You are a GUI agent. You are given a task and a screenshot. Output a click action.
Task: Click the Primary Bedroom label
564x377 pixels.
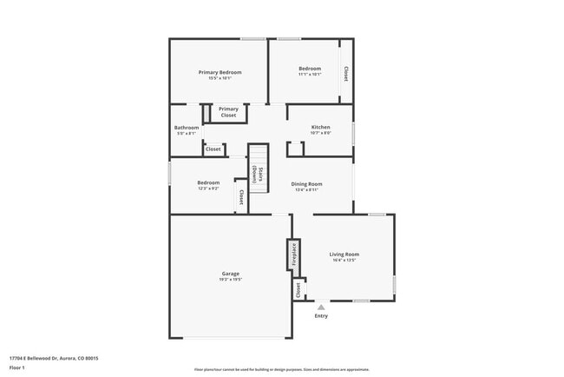220,72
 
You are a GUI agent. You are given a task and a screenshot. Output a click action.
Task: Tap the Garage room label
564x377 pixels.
230,274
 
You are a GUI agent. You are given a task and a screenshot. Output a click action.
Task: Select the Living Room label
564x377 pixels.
344,255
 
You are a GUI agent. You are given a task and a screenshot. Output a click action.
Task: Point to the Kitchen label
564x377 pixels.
321,128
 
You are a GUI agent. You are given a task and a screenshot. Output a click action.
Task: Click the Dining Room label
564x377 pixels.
306,183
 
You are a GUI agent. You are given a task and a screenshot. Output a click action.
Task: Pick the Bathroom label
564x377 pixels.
187,128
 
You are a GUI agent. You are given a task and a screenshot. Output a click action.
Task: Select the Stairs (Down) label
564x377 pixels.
257,173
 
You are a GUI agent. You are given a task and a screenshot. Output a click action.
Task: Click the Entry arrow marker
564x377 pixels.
321,307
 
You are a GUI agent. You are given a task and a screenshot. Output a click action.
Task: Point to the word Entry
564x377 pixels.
322,315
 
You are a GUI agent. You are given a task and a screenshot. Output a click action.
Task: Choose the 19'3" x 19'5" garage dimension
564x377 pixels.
230,280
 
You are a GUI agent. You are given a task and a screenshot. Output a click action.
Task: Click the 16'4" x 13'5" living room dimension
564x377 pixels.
344,261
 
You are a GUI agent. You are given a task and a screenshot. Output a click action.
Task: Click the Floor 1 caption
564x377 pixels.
16,368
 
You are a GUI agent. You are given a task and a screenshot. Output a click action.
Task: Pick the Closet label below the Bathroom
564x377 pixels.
213,149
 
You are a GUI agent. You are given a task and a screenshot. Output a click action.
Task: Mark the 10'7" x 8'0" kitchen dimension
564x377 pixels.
321,133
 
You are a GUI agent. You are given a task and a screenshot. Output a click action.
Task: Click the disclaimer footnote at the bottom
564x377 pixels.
281,369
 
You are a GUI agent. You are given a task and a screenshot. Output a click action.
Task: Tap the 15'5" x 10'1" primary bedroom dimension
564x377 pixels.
220,78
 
